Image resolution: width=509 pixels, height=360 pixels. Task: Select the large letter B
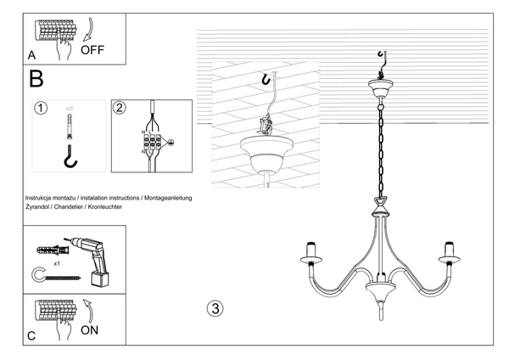click(36, 80)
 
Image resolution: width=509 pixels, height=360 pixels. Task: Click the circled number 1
click(39, 109)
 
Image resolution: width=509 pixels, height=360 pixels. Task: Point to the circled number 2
click(120, 108)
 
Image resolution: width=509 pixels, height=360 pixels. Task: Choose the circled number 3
click(215, 307)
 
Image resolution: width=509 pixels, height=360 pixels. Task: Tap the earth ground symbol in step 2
click(171, 143)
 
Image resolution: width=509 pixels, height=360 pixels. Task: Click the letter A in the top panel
click(31, 56)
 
